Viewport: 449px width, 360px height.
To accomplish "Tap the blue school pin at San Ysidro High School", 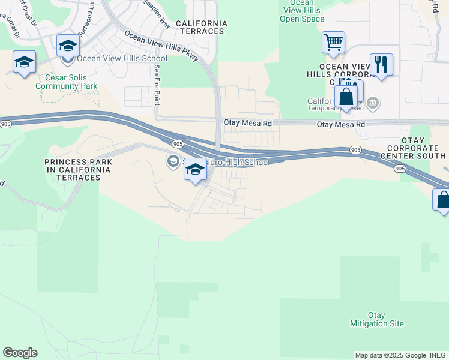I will click(194, 170).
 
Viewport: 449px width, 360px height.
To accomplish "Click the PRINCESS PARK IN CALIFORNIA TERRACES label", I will click(78, 166).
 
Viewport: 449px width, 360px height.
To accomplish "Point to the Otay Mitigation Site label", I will click(377, 319).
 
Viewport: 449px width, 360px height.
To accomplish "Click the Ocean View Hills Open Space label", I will click(302, 11).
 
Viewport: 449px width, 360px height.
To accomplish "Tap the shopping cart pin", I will click(333, 43).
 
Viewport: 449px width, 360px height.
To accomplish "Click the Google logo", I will click(20, 353).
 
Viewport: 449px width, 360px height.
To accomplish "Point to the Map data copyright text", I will click(400, 355).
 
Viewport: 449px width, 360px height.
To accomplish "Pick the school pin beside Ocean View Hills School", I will click(68, 46).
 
